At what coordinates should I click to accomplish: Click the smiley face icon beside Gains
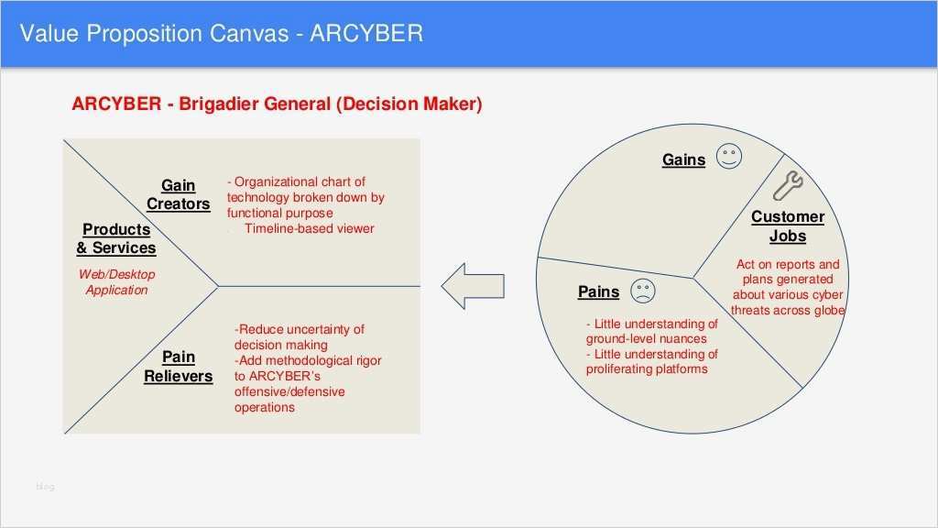pos(729,156)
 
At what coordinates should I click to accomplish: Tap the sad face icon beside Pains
pos(643,291)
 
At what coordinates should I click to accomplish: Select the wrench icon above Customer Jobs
pos(788,185)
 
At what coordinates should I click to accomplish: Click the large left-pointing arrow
pos(473,286)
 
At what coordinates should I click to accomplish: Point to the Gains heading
pos(683,159)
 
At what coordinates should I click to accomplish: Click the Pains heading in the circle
pos(599,291)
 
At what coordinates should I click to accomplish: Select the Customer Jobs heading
pos(788,226)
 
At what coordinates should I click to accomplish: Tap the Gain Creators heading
pos(179,194)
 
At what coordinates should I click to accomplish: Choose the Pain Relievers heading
pos(179,367)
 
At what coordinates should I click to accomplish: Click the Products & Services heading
pos(116,238)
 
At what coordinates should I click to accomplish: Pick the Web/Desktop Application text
pos(116,282)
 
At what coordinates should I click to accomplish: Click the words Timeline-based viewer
pos(310,228)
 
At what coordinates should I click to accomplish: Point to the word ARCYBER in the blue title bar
pos(366,33)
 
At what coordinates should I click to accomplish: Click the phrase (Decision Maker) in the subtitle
pos(409,104)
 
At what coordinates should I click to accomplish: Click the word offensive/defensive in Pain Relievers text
pos(289,391)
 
